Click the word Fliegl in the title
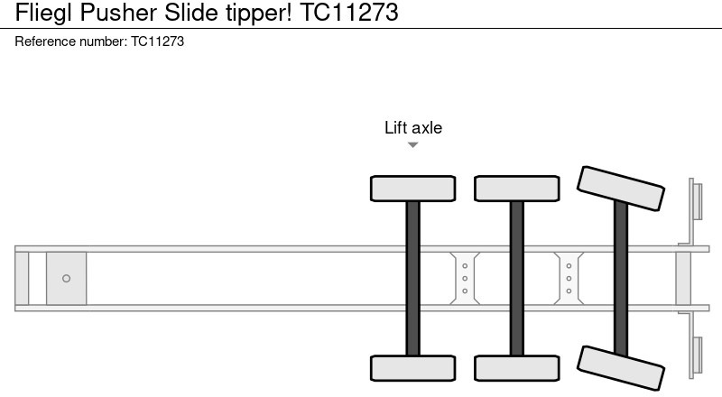[43, 13]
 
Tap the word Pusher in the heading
[118, 12]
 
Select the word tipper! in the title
[259, 13]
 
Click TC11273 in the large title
[349, 12]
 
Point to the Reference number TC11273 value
[157, 42]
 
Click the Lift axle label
[413, 127]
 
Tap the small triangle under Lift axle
[413, 145]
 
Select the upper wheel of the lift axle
[413, 189]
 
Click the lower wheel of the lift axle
[413, 368]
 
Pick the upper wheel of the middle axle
[517, 189]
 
